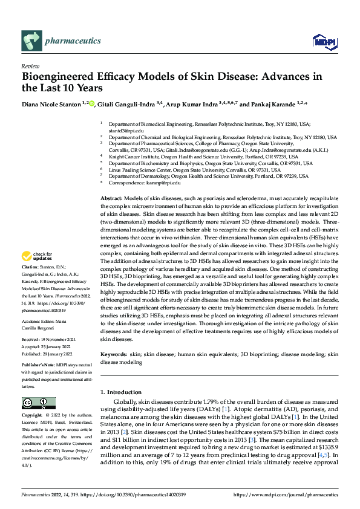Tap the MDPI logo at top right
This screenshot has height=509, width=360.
(322, 42)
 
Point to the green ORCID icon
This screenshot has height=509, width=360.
(92, 104)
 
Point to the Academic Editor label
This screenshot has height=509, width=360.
(39, 322)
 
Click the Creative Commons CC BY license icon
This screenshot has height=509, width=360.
(38, 403)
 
